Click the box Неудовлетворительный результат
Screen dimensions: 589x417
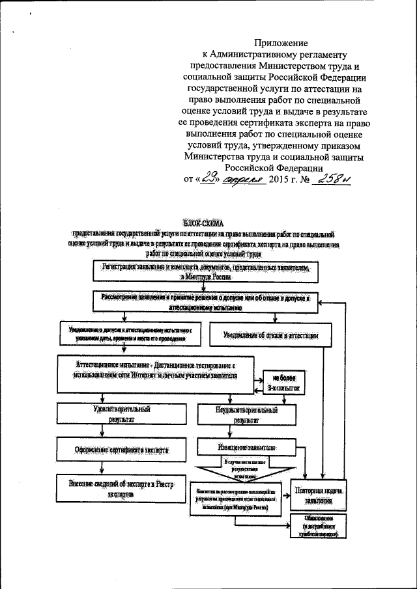coord(246,415)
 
